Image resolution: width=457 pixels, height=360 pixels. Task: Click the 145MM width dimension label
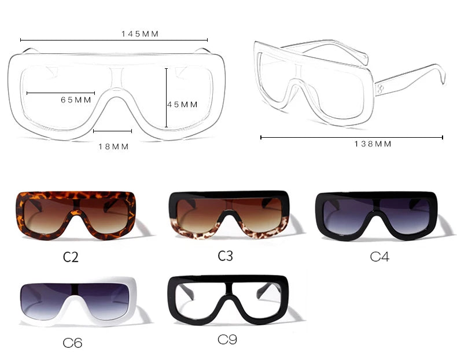point(140,34)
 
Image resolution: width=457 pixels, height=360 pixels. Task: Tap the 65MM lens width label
point(76,100)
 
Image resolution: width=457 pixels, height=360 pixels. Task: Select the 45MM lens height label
point(183,105)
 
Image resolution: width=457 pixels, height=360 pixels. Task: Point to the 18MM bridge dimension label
point(113,146)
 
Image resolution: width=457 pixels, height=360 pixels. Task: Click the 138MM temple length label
point(373,144)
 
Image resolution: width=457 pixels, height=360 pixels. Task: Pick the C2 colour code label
point(71,257)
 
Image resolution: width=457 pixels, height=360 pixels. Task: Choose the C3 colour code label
point(225,255)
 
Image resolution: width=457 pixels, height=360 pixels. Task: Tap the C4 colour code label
point(379,256)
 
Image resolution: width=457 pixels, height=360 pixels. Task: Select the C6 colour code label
point(72,343)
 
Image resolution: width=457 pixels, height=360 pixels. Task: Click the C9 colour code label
point(227,340)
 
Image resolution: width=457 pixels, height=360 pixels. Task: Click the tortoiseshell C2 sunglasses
point(76,215)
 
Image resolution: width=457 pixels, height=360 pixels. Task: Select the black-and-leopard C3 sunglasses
point(228,214)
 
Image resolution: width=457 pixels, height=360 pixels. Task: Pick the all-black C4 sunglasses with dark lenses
point(376,214)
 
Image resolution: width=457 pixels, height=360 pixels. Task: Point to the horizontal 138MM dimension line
point(352,138)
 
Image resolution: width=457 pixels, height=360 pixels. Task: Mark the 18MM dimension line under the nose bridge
point(113,131)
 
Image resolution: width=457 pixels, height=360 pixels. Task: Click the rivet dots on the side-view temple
point(381,89)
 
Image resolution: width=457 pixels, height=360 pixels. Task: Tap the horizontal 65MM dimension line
point(61,93)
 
